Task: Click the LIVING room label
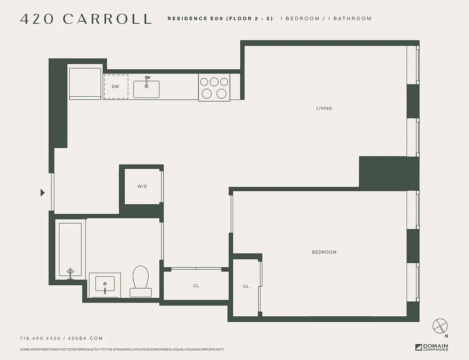[324, 108]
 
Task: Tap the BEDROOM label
[324, 252]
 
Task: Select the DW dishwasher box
[116, 86]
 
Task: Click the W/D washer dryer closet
[142, 186]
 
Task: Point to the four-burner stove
[214, 87]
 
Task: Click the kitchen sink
[146, 89]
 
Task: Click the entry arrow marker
[43, 193]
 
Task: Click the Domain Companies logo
[432, 347]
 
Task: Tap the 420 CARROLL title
[86, 19]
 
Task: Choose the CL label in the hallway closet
[196, 286]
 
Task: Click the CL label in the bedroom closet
[246, 287]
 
